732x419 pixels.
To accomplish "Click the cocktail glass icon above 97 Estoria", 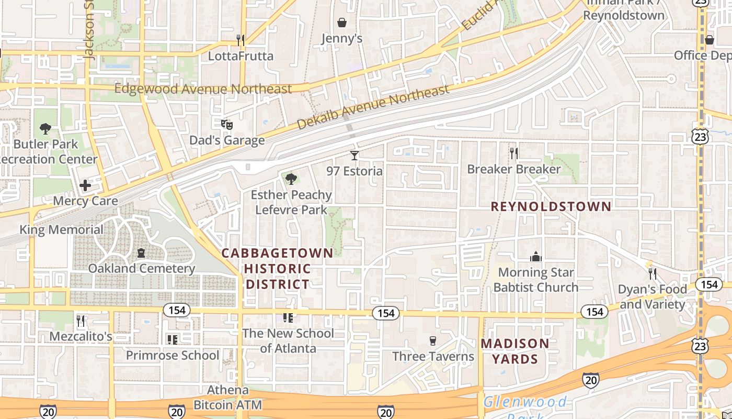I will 354,155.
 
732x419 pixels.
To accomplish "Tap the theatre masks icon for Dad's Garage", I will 227,125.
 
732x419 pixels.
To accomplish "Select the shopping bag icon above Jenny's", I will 342,23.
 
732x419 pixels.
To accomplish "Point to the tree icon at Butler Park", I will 45,128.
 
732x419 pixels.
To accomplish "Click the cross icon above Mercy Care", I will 85,185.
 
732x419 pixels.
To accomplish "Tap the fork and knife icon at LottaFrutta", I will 241,40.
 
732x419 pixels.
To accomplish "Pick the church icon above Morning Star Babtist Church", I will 536,257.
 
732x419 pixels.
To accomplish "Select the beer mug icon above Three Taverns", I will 432,341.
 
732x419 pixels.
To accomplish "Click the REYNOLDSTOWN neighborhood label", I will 551,206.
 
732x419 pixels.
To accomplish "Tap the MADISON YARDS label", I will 515,351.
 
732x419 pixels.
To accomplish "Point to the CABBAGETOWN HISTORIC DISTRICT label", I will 278,269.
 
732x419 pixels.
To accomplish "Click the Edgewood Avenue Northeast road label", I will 203,89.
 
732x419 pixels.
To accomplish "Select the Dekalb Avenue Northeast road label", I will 373,107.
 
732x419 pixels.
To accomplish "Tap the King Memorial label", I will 61,229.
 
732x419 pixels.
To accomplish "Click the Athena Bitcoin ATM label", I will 227,398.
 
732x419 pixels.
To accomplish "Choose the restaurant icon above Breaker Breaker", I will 514,153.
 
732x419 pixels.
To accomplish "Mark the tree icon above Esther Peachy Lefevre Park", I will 291,180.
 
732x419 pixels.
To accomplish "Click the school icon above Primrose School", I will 173,340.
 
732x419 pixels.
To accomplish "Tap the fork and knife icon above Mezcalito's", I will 81,321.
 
